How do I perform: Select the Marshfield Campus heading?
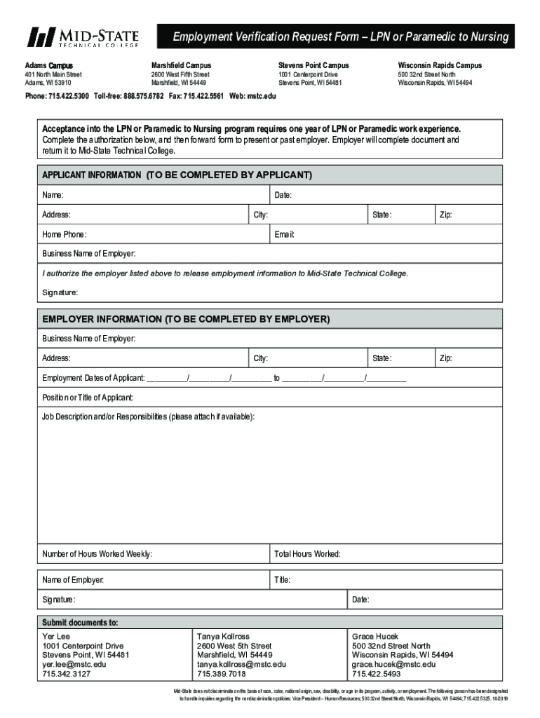tap(181, 65)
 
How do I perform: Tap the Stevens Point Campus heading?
tap(313, 65)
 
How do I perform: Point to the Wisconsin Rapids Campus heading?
tap(440, 65)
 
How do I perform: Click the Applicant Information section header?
tap(177, 175)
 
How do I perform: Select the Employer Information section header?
tap(186, 319)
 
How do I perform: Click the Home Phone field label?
tap(65, 234)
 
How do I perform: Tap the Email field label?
tap(284, 234)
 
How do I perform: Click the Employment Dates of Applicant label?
tap(93, 379)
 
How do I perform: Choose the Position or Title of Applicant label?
tap(88, 398)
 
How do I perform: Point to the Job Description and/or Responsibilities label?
tap(149, 417)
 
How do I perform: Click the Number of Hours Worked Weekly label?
tap(97, 554)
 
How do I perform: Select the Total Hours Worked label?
tap(307, 554)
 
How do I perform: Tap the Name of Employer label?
tap(73, 580)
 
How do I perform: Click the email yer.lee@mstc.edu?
tap(74, 664)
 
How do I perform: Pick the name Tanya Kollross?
tap(223, 636)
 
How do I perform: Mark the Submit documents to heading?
tap(80, 622)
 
